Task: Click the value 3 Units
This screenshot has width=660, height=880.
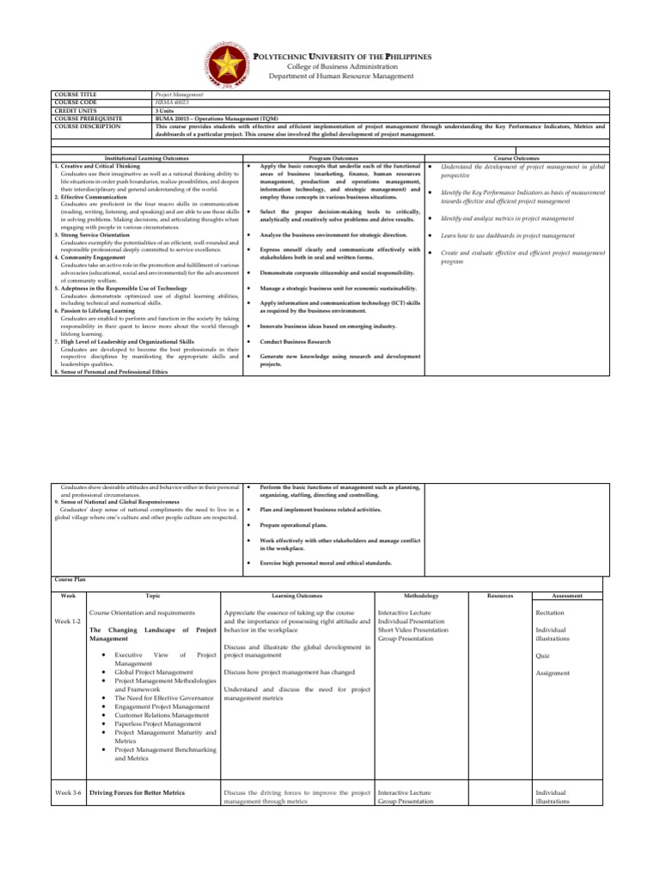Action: pos(163,110)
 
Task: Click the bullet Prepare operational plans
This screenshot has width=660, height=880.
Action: pos(301,524)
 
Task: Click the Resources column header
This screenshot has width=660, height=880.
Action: pos(500,595)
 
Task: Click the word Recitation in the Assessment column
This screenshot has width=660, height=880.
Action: pos(550,614)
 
